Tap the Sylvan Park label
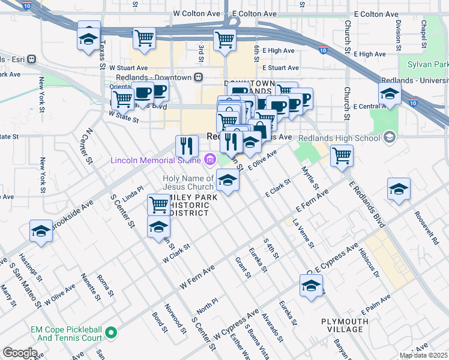pos(428,64)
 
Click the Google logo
pos(20,352)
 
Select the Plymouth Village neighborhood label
pos(345,326)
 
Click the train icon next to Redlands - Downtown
pos(199,77)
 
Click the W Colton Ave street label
pos(194,13)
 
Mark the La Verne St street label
pos(304,233)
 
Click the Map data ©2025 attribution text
pos(423,355)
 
